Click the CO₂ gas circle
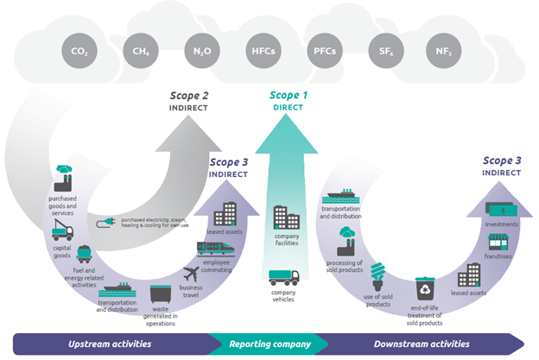(x=79, y=52)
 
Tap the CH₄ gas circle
(x=140, y=52)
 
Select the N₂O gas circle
(x=201, y=52)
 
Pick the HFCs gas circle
(x=263, y=52)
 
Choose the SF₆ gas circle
(x=384, y=52)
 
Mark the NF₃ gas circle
(x=445, y=52)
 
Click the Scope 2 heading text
(x=188, y=97)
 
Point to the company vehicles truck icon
(x=284, y=278)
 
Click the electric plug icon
(x=108, y=221)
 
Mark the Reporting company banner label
(x=269, y=344)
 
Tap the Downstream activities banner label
(x=422, y=344)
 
